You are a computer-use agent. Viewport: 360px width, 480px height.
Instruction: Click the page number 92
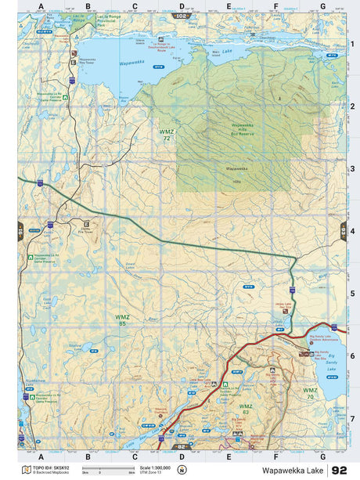coord(340,471)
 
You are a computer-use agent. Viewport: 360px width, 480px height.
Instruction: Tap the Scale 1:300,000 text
coord(155,467)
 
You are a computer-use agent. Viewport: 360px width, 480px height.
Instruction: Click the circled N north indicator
coord(182,471)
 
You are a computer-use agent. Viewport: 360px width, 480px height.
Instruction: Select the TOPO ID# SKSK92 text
coord(49,467)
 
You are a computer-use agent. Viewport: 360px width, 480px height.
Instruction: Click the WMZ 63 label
coord(245,408)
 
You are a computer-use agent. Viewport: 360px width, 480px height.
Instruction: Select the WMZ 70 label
coord(311,393)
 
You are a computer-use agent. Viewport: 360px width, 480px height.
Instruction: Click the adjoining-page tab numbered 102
coord(182,16)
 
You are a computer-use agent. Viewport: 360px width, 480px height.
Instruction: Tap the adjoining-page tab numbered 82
coord(182,448)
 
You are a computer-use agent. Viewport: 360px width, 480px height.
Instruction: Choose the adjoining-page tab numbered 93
coord(343,232)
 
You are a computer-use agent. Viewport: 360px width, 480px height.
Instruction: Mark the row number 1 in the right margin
coord(352,44)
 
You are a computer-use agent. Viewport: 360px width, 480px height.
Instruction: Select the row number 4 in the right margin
coord(352,232)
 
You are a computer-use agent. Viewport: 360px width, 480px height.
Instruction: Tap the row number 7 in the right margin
coord(352,418)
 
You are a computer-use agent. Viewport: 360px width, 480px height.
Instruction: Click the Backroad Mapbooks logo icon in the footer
coord(27,471)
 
